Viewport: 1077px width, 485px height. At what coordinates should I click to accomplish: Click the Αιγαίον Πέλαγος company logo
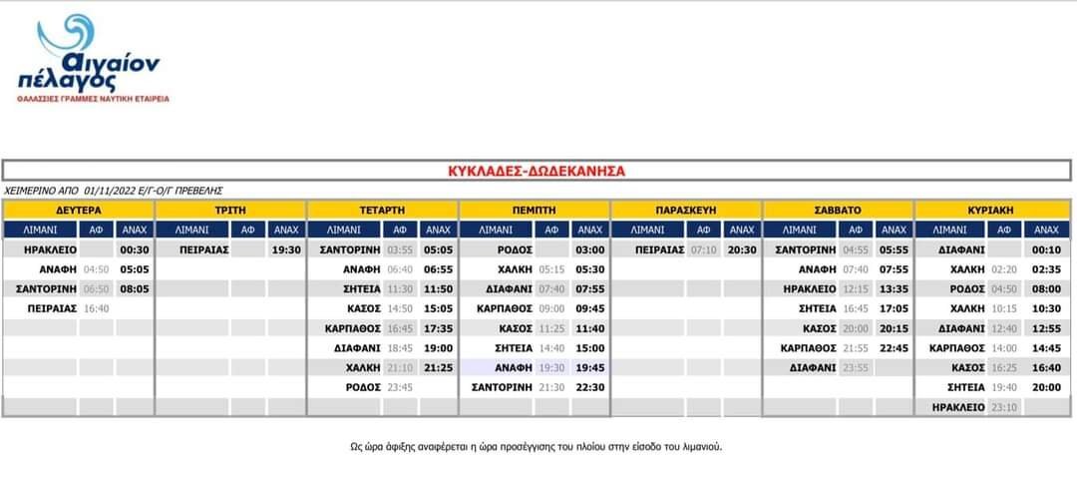pyautogui.click(x=97, y=58)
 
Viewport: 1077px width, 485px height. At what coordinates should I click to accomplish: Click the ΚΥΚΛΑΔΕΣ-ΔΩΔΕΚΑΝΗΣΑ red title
pyautogui.click(x=538, y=171)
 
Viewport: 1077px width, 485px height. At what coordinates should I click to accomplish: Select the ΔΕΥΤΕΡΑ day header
pyautogui.click(x=78, y=211)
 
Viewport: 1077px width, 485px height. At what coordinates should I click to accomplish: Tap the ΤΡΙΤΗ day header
pyautogui.click(x=230, y=211)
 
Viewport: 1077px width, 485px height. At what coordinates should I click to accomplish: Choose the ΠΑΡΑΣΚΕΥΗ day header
pyautogui.click(x=686, y=211)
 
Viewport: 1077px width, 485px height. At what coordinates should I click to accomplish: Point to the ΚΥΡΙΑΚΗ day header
pyautogui.click(x=990, y=211)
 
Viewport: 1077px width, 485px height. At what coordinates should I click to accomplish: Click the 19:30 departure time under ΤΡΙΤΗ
pyautogui.click(x=285, y=249)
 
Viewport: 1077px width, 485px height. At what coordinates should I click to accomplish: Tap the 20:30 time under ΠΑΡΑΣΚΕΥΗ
pyautogui.click(x=742, y=249)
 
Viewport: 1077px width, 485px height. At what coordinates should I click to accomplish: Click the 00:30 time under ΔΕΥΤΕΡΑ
pyautogui.click(x=134, y=249)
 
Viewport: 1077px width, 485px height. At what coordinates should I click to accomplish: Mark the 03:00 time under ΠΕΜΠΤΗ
pyautogui.click(x=590, y=249)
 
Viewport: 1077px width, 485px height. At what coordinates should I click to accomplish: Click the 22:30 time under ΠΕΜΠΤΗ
pyautogui.click(x=590, y=387)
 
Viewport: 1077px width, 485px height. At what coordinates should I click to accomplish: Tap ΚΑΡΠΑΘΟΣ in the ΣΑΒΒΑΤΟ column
pyautogui.click(x=808, y=348)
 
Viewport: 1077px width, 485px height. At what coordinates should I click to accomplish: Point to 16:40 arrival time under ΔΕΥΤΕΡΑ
pyautogui.click(x=96, y=309)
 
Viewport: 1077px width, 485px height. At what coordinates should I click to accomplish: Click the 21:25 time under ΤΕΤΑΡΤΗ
pyautogui.click(x=438, y=368)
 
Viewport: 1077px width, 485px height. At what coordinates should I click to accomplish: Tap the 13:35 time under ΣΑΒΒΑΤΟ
pyautogui.click(x=895, y=289)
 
